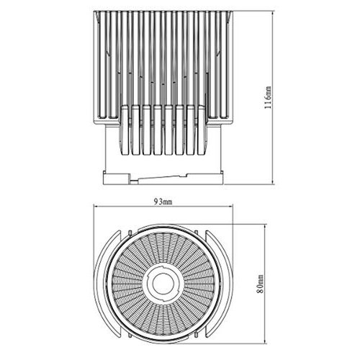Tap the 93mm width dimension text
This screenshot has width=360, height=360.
(164, 203)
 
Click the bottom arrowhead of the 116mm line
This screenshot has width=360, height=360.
(274, 181)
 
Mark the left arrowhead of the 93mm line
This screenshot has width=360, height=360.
(96, 210)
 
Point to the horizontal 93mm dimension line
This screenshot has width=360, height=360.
(130, 210)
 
